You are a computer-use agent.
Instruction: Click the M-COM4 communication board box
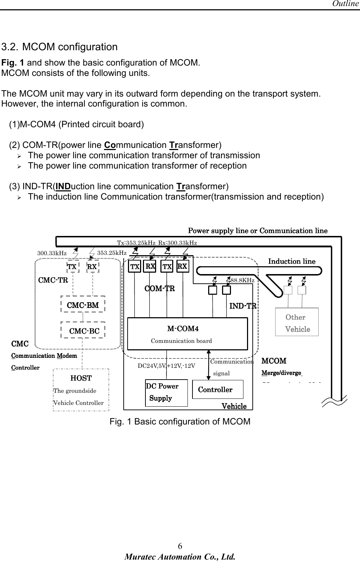pos(187,334)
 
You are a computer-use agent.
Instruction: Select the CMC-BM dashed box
pos(83,305)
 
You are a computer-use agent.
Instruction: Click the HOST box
pos(81,390)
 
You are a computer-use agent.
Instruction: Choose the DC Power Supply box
pos(166,392)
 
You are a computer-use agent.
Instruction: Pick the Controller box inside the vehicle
pos(217,389)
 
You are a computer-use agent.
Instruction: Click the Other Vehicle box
pos(297,322)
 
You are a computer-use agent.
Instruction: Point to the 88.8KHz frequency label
pos(242,280)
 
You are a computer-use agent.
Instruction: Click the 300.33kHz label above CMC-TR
pos(52,253)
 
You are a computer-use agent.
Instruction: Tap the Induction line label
pos(292,261)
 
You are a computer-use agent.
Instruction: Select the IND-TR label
pos(243,306)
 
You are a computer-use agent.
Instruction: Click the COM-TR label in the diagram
pos(159,288)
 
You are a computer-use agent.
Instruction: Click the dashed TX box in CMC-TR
pos(72,267)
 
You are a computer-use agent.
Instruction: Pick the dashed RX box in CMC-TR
pos(92,267)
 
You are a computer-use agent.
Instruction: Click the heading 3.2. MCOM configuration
pos(60,47)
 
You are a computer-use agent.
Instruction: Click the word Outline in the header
pos(345,4)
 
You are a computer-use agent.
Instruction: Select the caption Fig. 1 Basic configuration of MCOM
pos(180,422)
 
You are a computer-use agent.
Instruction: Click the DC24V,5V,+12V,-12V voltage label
pos(166,366)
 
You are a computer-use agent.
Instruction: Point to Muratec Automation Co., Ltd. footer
pos(180,556)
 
